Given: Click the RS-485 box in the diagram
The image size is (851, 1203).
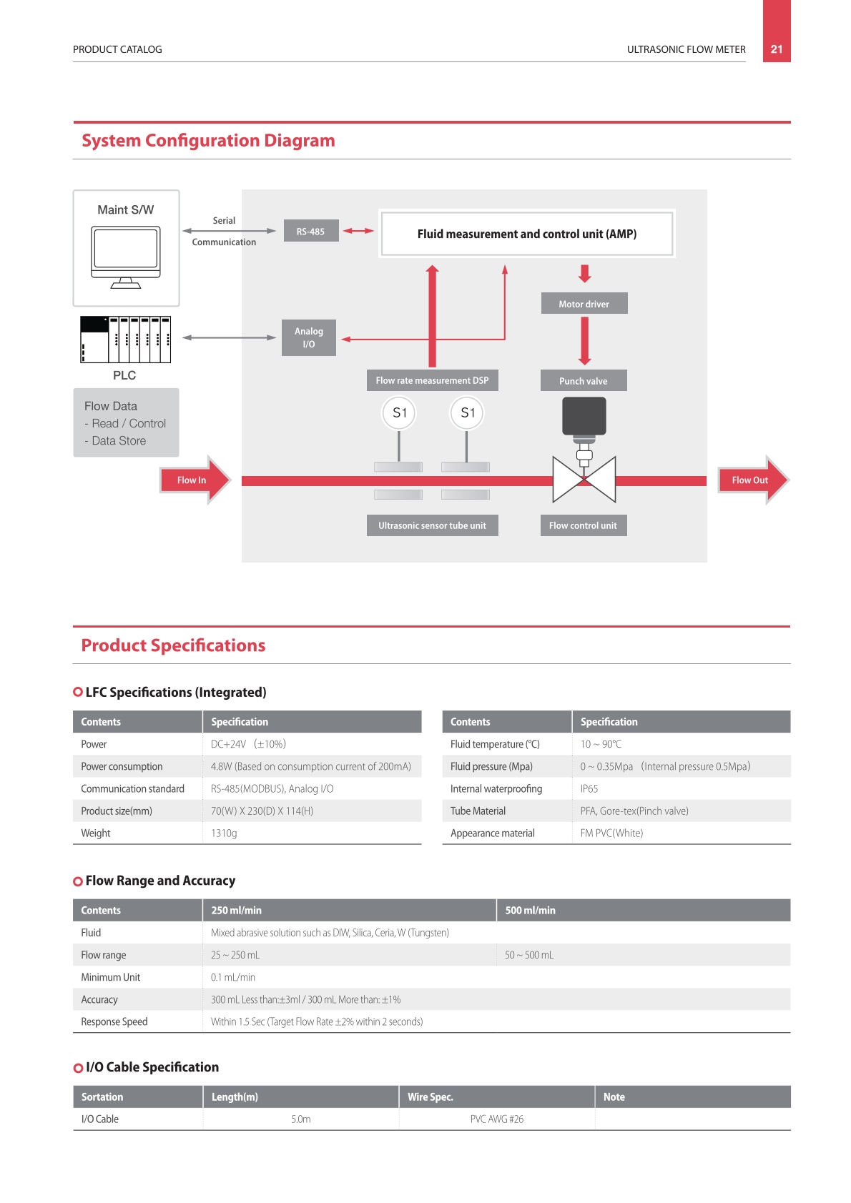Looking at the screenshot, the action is [311, 231].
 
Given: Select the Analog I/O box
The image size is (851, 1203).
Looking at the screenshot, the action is [309, 338].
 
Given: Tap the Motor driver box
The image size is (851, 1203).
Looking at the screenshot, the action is [584, 304].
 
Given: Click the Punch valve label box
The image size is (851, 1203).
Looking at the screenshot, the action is [584, 381].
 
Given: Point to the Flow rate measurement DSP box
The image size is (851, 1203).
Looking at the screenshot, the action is [433, 380].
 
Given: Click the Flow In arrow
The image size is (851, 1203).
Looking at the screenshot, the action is [195, 480].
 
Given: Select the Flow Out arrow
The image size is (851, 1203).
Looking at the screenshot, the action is [753, 480].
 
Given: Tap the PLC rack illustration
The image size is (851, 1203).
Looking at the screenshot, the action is [126, 340].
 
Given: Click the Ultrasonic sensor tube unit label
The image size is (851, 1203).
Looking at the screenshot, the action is [433, 525].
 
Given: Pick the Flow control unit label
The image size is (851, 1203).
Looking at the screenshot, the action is [584, 525].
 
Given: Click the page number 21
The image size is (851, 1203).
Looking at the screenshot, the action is [777, 49].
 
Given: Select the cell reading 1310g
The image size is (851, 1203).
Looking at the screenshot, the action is [224, 833].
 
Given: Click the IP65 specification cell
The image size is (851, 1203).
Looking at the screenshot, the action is [589, 788].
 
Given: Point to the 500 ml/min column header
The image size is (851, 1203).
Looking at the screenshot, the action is [530, 911].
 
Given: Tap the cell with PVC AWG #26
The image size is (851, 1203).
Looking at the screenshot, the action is [497, 1119].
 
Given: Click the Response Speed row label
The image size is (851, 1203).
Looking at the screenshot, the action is [114, 1021].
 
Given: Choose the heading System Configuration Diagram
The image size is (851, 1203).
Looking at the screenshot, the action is [208, 141].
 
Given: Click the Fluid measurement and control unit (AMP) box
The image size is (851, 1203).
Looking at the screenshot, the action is [527, 234].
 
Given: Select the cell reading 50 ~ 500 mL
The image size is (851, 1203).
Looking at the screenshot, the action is [529, 955].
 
